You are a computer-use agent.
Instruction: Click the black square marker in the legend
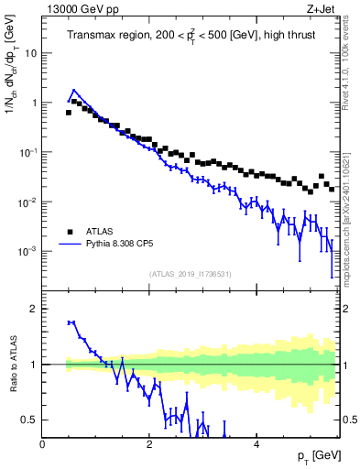69,232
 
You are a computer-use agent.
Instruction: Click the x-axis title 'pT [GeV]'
315,456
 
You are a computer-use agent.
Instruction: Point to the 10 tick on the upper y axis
30,53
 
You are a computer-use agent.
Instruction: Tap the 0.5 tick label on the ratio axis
27,420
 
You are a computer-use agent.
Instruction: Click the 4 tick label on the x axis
256,444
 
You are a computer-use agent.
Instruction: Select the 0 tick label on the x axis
42,444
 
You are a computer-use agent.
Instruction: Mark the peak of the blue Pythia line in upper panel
73,91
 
